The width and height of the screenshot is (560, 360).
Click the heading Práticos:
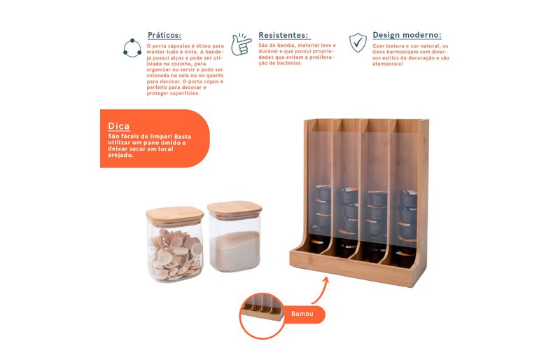164,36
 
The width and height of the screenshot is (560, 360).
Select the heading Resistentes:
283,36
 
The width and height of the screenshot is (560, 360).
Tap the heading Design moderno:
407,35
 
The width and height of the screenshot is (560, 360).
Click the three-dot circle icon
132,48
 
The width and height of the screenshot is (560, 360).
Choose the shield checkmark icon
358,43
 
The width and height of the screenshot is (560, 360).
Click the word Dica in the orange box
119,126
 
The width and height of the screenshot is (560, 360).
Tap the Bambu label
302,314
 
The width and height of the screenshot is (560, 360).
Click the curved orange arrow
322,289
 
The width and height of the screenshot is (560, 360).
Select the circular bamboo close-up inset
262,316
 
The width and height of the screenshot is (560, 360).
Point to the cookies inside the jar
176,254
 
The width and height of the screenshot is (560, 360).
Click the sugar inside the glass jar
234,251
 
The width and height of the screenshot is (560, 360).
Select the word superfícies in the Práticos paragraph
186,93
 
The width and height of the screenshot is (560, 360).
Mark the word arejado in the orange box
120,155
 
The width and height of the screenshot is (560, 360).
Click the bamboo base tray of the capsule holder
351,269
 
